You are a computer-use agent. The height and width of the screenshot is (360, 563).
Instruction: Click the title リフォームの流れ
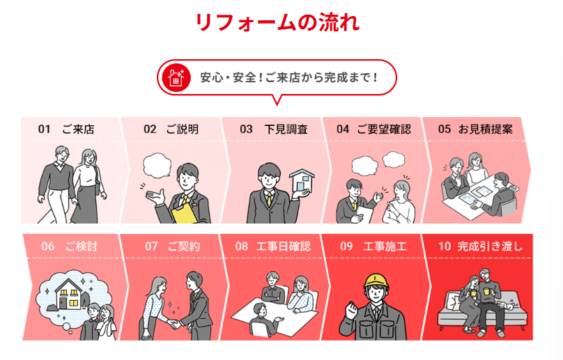(x=277, y=23)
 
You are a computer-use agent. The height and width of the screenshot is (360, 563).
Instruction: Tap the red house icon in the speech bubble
(x=176, y=77)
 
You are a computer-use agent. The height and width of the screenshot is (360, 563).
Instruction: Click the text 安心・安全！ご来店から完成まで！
(x=288, y=77)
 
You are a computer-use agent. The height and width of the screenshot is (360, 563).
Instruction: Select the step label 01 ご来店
(x=66, y=129)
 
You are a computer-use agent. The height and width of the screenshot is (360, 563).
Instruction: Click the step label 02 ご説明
(x=171, y=129)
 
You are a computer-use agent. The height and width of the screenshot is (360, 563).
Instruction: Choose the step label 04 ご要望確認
(x=373, y=129)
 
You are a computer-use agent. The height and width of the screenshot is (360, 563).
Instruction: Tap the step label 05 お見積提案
(x=475, y=129)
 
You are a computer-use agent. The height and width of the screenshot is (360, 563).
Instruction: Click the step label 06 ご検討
(x=69, y=246)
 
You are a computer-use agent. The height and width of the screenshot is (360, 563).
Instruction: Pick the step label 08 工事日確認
(x=272, y=246)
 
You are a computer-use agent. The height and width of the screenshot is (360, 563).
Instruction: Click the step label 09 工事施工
(x=373, y=246)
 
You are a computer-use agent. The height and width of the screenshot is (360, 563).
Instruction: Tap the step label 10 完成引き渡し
(x=480, y=246)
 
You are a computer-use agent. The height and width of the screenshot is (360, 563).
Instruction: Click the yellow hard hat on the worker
(x=376, y=281)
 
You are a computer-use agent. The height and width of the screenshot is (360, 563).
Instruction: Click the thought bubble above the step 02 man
(x=157, y=166)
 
